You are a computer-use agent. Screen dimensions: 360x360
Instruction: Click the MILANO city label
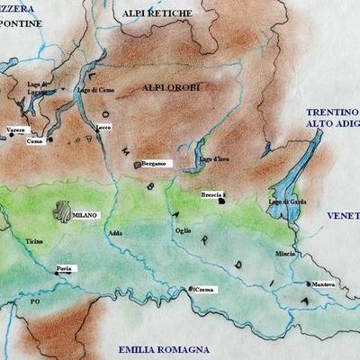[x=85, y=216]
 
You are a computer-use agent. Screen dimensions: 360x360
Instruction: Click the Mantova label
[x=322, y=285]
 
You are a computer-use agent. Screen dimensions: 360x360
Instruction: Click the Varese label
[x=15, y=130]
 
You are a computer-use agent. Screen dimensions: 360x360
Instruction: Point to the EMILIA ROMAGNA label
[x=164, y=348]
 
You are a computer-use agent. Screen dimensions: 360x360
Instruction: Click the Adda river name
[x=114, y=233]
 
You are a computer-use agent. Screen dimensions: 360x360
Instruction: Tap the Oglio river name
[x=184, y=230]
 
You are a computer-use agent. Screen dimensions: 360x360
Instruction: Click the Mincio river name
[x=284, y=255]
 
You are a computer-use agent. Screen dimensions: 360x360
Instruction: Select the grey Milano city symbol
[x=61, y=212]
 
